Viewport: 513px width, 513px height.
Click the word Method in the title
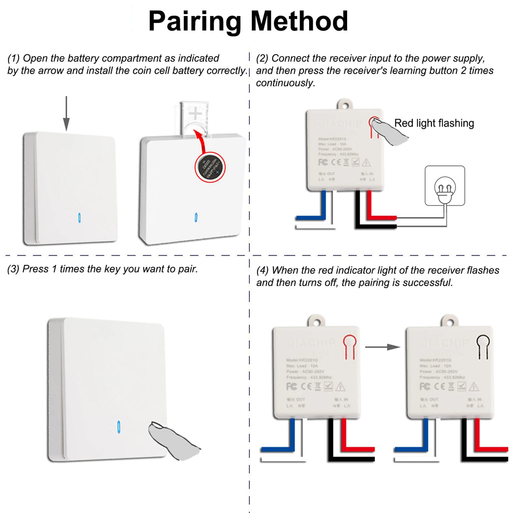click(x=299, y=22)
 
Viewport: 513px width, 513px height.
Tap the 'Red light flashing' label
click(x=434, y=123)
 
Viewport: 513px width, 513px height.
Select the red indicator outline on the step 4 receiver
click(x=349, y=346)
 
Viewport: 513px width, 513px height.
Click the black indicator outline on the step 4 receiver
click(x=482, y=346)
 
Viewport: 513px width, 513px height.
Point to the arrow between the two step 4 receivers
click(x=383, y=347)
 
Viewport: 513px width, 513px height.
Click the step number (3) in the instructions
click(x=14, y=269)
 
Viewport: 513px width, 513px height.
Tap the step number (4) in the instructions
click(x=263, y=271)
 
